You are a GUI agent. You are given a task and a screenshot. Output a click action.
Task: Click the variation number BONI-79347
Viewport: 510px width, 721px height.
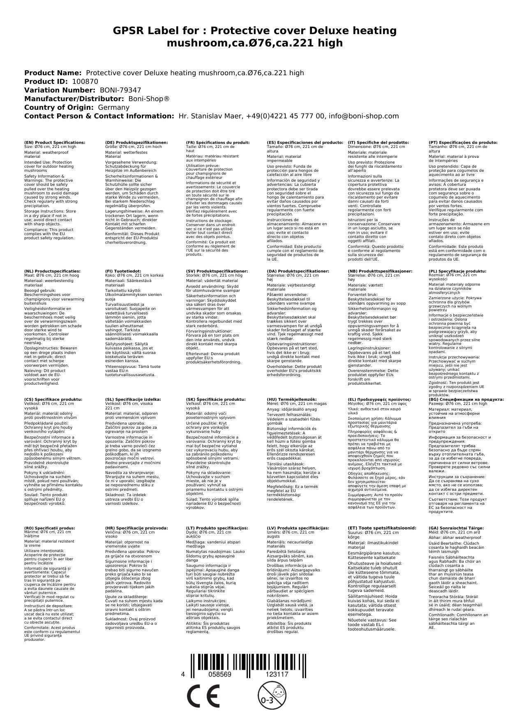pos(120,90)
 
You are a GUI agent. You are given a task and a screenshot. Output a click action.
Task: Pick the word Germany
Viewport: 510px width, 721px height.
pos(113,107)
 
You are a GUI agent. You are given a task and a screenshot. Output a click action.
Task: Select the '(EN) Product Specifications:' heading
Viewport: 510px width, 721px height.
pos(55,143)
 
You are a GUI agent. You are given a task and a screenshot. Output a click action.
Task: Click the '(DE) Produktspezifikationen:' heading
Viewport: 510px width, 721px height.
pos(136,143)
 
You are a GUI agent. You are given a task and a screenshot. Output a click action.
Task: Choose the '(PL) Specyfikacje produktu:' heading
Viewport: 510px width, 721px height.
pos(457,271)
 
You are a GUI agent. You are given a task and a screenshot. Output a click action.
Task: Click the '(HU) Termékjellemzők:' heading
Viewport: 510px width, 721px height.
pos(291,399)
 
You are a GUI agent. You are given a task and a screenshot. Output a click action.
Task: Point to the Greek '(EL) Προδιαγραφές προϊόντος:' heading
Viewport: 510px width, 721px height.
pos(379,399)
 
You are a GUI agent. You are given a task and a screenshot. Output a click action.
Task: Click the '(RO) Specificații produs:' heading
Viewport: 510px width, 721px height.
pos(49,528)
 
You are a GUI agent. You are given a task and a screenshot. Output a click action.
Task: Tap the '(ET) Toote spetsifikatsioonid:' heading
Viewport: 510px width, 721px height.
pos(382,528)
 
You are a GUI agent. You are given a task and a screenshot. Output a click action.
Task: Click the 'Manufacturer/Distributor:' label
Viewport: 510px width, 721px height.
pos(74,99)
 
